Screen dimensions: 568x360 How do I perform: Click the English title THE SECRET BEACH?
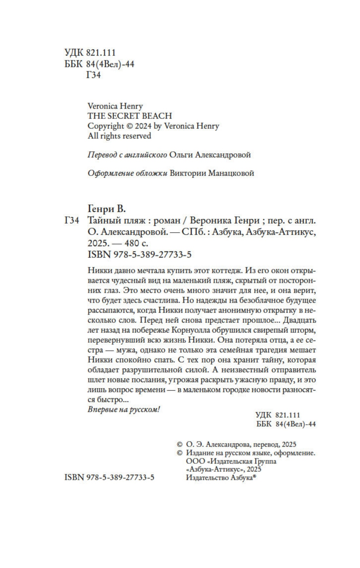130,116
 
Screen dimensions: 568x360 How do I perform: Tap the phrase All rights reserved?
119,136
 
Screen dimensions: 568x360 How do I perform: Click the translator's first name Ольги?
181,155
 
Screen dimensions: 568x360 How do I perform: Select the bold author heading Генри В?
107,209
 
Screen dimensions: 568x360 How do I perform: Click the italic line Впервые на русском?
124,410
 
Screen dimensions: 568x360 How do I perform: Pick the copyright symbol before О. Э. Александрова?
179,444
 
